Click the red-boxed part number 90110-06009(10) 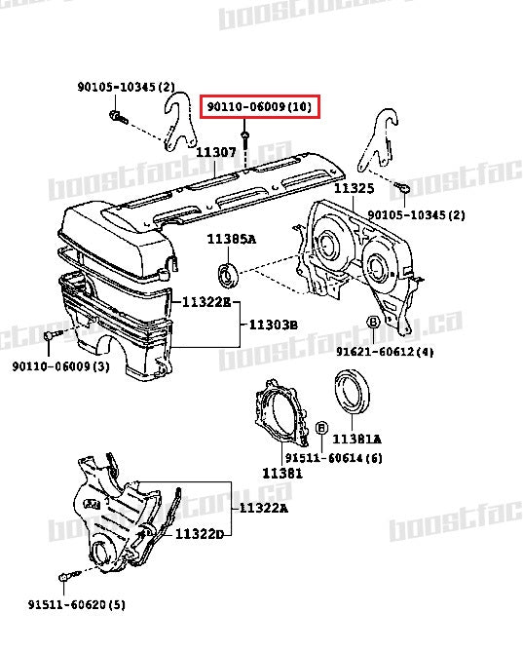(259, 106)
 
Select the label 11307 (215, 152)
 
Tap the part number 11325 (354, 187)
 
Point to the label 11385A (231, 240)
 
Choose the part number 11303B (273, 324)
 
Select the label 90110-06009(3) (61, 365)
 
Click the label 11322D (201, 534)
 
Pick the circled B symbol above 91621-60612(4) (373, 323)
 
